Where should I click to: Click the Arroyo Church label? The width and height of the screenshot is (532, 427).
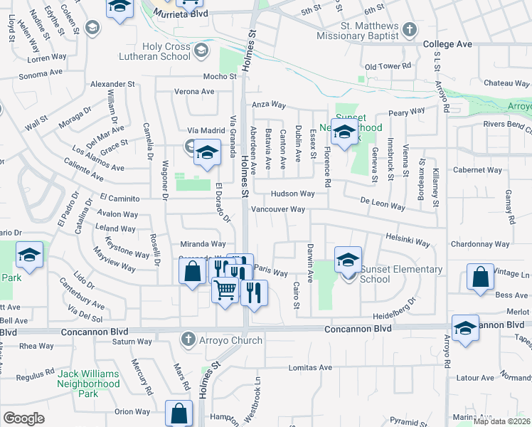[x=231, y=340]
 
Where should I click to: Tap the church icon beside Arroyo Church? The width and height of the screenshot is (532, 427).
[x=188, y=339]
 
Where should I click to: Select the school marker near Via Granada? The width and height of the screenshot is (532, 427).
[x=207, y=154]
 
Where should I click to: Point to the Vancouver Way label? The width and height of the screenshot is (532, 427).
[x=278, y=209]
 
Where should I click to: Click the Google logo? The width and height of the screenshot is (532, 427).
[x=23, y=418]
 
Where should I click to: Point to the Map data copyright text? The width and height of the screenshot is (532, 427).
[x=502, y=421]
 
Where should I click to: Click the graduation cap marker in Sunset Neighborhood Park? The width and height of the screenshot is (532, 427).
[x=344, y=132]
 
